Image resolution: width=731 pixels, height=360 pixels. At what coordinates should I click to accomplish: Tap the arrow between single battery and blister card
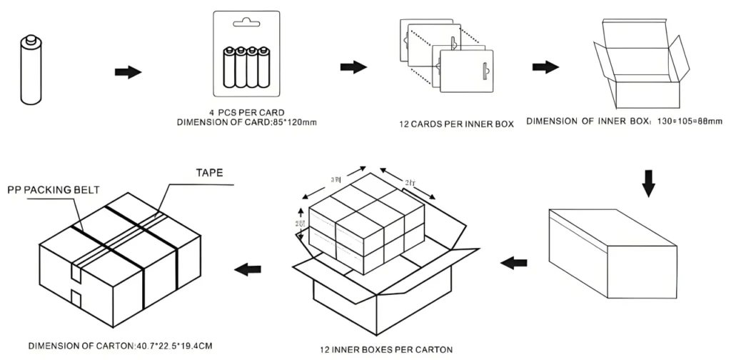(x=128, y=72)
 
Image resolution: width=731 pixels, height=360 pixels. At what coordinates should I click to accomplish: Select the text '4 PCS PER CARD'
(x=246, y=113)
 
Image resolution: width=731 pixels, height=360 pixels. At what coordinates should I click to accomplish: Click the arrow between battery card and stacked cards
(x=353, y=67)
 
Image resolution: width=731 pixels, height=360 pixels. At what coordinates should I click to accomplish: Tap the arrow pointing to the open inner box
(x=545, y=66)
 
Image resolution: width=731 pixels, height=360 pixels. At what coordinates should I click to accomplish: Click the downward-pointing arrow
(x=648, y=183)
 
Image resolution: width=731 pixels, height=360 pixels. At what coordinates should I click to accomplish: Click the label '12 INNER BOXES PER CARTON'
(x=385, y=349)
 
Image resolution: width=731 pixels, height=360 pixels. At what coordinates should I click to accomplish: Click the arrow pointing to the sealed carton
(x=247, y=269)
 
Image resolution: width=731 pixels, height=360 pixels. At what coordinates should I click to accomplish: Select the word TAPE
(x=210, y=173)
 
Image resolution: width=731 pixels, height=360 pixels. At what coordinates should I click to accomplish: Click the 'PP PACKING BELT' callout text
(x=54, y=190)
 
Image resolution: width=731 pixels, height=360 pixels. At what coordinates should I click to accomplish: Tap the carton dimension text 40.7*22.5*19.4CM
(x=171, y=346)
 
